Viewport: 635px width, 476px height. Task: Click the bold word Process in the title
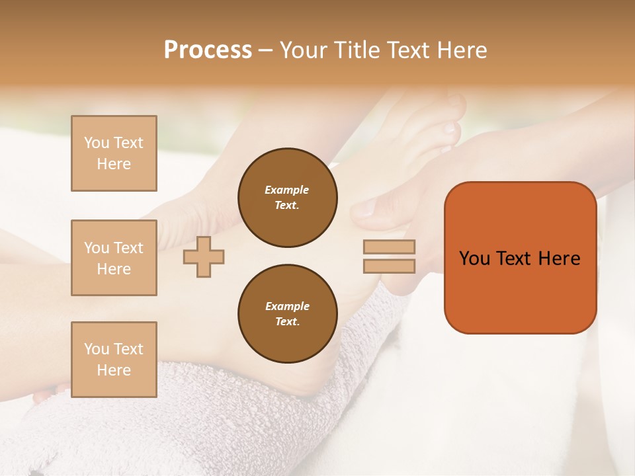[x=208, y=50]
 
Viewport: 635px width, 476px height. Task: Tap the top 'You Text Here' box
[x=114, y=153]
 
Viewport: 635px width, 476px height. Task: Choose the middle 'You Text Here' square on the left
[x=114, y=258]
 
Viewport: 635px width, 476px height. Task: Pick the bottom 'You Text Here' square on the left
[x=114, y=360]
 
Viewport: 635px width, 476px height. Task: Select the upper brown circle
[x=288, y=197]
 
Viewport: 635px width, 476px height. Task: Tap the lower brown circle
[x=288, y=313]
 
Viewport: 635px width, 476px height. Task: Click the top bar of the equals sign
[x=389, y=247]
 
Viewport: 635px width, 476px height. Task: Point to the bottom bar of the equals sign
[x=389, y=266]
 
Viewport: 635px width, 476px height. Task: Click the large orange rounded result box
[x=520, y=297]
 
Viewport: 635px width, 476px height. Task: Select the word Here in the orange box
[x=559, y=258]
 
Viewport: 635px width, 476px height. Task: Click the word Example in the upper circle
[x=287, y=190]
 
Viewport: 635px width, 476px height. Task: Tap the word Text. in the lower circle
[x=287, y=322]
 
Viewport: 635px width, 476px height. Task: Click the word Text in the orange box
[x=515, y=258]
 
